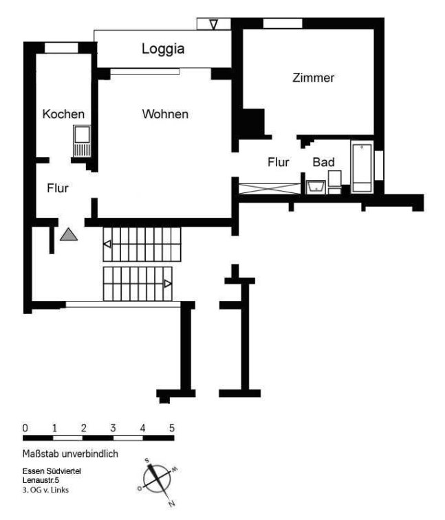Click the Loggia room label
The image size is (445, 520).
point(163,49)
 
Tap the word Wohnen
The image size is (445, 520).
point(165,114)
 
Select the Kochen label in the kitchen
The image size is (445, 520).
point(63,114)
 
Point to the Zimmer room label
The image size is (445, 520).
point(313,78)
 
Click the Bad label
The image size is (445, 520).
point(323,162)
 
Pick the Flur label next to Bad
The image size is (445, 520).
point(279,162)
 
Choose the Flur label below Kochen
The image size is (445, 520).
point(58,188)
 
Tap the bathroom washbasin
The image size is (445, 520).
point(316,187)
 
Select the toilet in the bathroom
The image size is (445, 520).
point(334,182)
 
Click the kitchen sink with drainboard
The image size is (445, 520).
point(82,141)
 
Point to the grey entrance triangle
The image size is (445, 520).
point(69,234)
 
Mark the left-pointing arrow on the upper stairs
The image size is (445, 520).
point(107,244)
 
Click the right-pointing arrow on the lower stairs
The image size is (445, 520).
point(168,284)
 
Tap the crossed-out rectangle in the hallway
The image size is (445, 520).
point(270,189)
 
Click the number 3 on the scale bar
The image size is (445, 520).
point(113,428)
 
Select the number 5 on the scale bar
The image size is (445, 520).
point(172,428)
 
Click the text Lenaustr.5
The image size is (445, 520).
point(41,480)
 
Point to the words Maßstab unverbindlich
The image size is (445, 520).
point(70,453)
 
